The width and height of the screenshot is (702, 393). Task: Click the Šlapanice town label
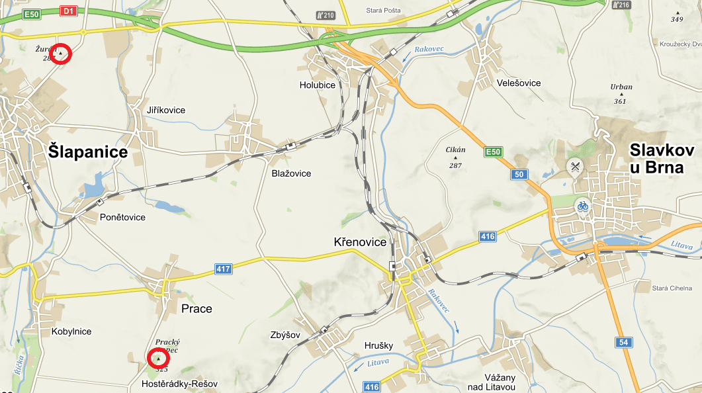88,152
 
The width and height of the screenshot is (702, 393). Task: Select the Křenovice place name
360,242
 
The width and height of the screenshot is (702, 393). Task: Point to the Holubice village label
317,85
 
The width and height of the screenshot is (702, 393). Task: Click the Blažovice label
291,173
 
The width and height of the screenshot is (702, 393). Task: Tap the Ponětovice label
122,217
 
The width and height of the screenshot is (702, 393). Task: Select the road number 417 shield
224,269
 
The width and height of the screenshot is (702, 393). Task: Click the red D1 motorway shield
68,11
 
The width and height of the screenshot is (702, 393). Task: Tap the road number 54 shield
623,342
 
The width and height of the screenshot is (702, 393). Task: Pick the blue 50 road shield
519,175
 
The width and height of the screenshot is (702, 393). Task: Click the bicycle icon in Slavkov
582,206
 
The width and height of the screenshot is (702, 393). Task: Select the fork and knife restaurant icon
574,167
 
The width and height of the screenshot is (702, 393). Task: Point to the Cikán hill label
455,150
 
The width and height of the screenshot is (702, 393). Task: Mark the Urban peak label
621,87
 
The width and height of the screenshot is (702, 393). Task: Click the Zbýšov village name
286,335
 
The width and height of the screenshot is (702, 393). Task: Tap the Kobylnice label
71,331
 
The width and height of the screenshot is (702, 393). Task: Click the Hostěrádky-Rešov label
180,384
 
